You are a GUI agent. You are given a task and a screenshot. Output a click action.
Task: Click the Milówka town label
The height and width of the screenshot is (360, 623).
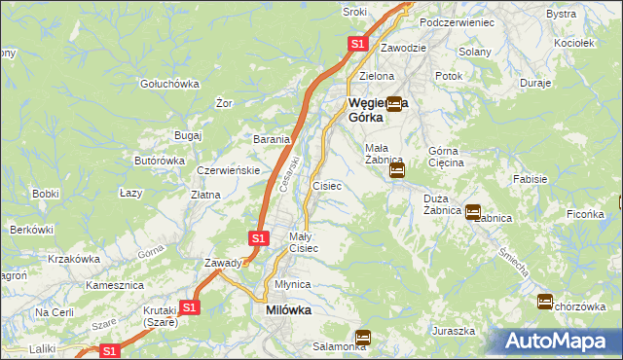coord(288,310)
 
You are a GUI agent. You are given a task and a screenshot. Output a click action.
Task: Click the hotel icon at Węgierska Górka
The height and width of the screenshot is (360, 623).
coord(394,103)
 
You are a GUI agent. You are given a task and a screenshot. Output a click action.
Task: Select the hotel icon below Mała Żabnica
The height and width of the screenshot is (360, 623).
coord(396,171)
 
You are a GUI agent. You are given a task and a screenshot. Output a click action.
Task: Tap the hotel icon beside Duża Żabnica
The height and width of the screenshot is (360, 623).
coord(473,211)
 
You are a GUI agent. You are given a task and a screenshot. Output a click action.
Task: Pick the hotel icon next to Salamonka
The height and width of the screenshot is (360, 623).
coord(363,338)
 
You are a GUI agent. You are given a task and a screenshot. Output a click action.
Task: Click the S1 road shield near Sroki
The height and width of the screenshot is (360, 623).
coord(357,44)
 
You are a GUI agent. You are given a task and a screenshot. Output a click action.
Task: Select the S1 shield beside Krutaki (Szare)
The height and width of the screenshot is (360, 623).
coord(189,307)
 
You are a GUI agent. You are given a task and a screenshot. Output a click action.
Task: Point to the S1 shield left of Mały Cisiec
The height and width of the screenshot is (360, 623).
coord(257,237)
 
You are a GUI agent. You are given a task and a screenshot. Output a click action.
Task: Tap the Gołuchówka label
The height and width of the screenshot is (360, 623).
coord(169,84)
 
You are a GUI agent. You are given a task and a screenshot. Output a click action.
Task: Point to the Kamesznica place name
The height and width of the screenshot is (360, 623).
coord(115,285)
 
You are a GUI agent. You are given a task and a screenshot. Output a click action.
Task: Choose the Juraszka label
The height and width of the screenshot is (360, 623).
coord(454,331)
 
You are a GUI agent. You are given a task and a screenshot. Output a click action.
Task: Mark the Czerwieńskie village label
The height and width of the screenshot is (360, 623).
coord(227,170)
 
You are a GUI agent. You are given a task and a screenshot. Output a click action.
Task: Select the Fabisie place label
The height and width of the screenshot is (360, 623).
coord(530,179)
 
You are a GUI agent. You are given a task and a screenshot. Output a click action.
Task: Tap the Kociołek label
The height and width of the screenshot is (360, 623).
coord(573,44)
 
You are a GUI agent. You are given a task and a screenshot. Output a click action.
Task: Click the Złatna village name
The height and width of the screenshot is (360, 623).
coord(205,195)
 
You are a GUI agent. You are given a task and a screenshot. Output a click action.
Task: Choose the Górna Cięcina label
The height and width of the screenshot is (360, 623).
coord(447,157)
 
